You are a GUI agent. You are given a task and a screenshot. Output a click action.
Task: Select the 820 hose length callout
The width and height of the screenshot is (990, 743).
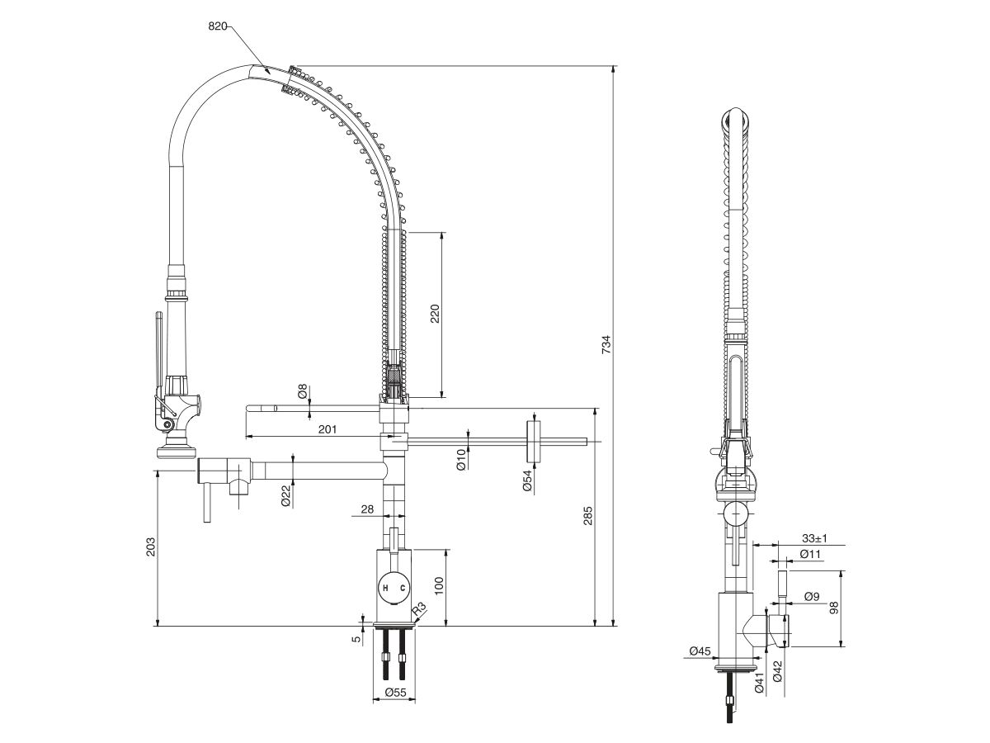click(217, 26)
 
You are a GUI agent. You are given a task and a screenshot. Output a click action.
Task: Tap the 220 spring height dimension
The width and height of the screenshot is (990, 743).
click(435, 314)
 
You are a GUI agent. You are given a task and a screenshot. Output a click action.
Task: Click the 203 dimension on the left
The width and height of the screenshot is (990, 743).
click(150, 547)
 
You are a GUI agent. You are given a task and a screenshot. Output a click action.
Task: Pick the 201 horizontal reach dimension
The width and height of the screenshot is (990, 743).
click(327, 428)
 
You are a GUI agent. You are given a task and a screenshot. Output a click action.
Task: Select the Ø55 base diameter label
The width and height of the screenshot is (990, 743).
click(394, 694)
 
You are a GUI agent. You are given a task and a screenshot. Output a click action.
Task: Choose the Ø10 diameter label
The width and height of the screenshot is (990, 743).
click(461, 461)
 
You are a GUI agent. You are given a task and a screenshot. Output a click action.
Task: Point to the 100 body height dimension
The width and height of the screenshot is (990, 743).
click(440, 586)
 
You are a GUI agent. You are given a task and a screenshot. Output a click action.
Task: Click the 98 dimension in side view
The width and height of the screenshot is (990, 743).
click(834, 608)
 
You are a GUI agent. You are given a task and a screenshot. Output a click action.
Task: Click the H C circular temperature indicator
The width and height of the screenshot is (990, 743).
click(393, 587)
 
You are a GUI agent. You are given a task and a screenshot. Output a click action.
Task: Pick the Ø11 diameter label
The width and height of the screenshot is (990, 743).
click(811, 554)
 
